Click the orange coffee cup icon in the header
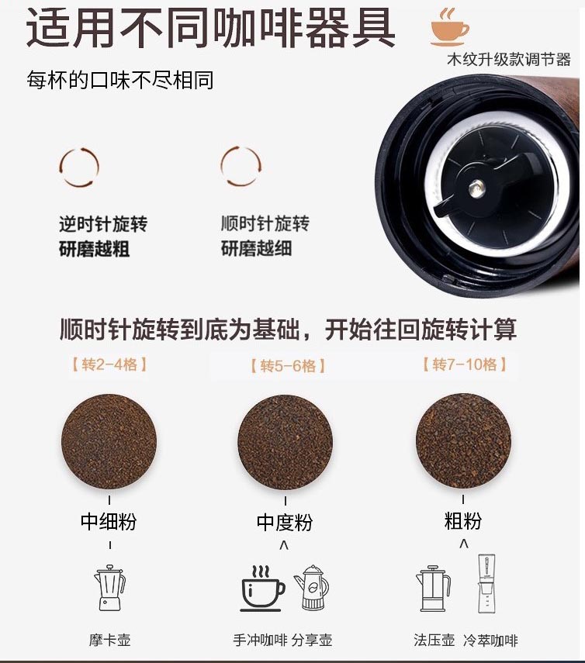click(x=449, y=26)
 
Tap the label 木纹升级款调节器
click(x=509, y=60)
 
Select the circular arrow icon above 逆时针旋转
click(x=79, y=167)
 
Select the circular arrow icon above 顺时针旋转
click(x=241, y=166)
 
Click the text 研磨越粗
click(x=95, y=249)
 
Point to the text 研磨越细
click(x=256, y=248)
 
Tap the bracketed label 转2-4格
click(x=109, y=364)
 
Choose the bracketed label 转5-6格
click(x=288, y=365)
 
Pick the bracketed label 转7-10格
click(x=465, y=364)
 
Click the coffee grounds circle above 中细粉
click(x=109, y=442)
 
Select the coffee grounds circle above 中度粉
click(x=285, y=442)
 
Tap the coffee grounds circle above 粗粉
click(x=463, y=441)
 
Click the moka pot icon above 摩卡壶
click(x=109, y=587)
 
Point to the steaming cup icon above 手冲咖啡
click(x=263, y=588)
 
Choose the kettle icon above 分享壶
click(x=311, y=587)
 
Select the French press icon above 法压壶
click(x=433, y=588)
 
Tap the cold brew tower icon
click(x=486, y=583)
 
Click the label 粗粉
click(x=463, y=520)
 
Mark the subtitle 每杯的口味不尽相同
click(x=119, y=80)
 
